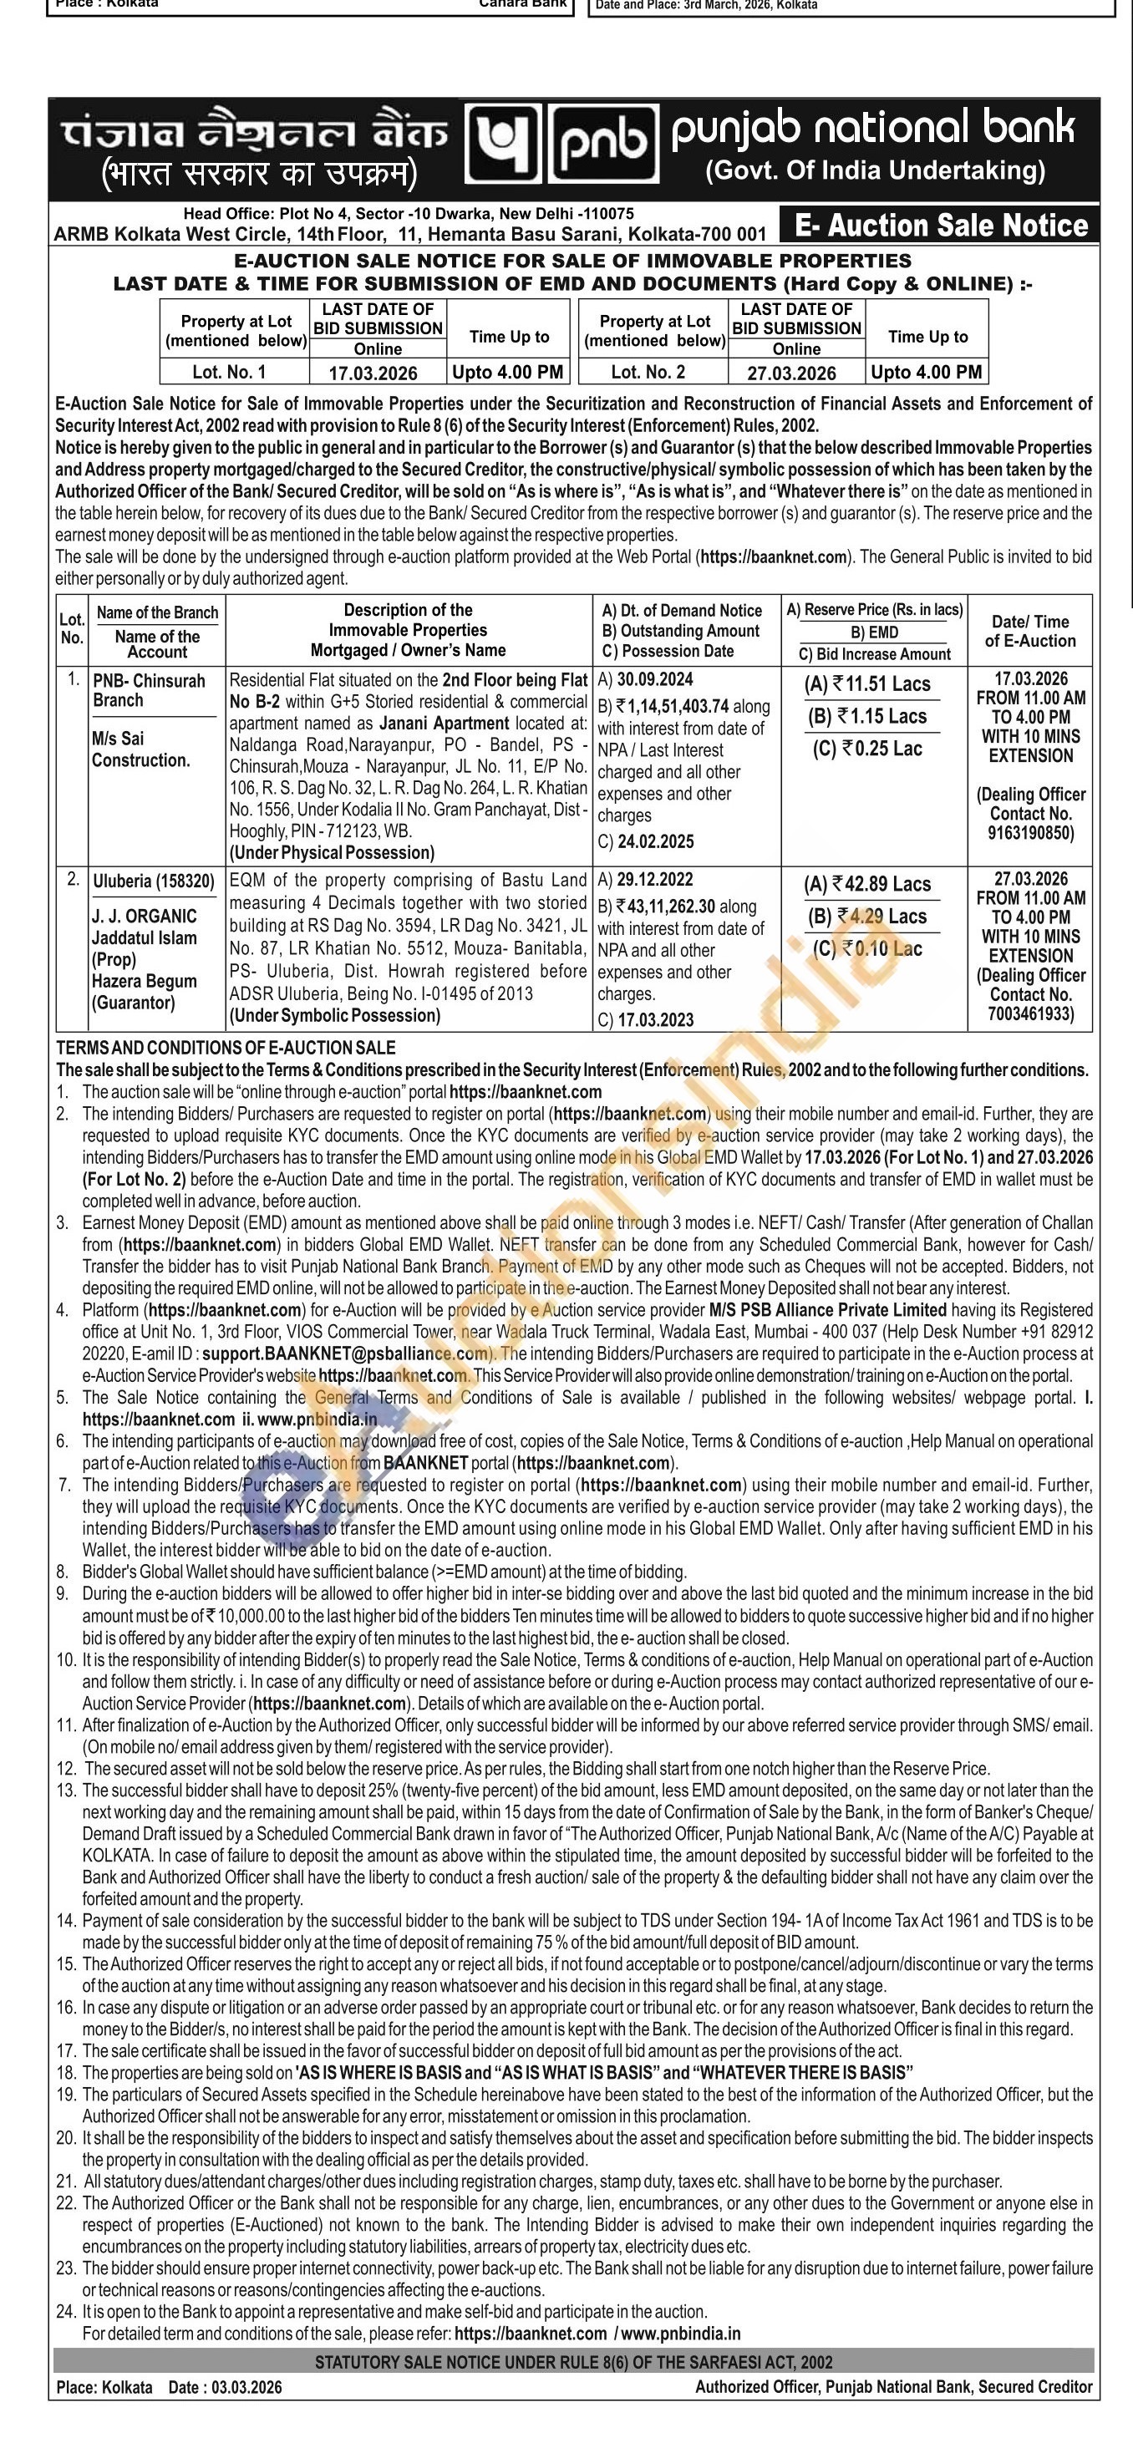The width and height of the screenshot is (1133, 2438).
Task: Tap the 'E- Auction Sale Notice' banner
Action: (x=941, y=226)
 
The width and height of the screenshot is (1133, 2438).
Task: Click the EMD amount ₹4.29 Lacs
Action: (x=867, y=917)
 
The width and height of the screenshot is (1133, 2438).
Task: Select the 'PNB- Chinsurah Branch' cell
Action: (x=149, y=691)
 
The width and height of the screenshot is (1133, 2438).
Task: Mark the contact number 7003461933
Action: (x=1031, y=1014)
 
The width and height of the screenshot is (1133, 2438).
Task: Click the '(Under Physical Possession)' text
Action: (x=331, y=851)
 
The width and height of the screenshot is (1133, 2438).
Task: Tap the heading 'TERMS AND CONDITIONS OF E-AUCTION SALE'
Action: (x=226, y=1048)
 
